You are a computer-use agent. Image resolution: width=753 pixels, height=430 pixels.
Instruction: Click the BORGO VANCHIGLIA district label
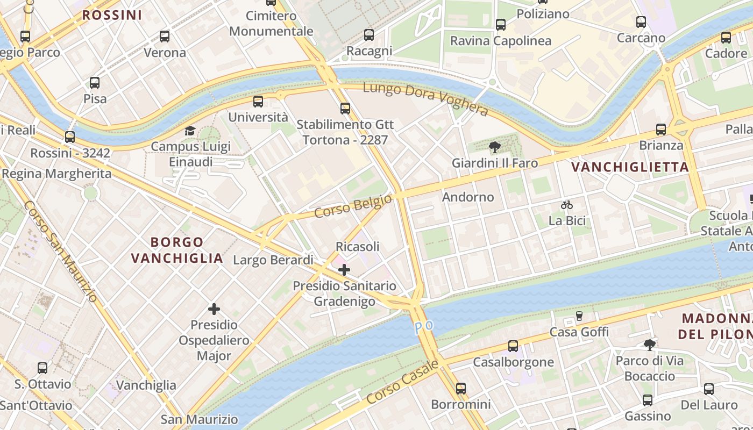pyautogui.click(x=177, y=250)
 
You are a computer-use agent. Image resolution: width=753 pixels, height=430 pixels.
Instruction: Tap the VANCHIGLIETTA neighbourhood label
pyautogui.click(x=630, y=167)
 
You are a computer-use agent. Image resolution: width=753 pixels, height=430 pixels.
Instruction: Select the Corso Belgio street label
pyautogui.click(x=353, y=206)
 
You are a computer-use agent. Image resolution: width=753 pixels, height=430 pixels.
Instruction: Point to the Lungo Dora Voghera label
pyautogui.click(x=425, y=98)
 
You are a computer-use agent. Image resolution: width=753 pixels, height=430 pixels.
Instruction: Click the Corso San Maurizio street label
pyautogui.click(x=61, y=251)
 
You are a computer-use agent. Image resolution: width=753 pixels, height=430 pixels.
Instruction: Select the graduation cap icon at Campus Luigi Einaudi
pyautogui.click(x=190, y=131)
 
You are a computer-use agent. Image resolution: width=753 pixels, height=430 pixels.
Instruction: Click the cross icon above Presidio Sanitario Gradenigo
pyautogui.click(x=344, y=269)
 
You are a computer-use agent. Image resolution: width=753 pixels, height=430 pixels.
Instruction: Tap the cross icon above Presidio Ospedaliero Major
pyautogui.click(x=214, y=309)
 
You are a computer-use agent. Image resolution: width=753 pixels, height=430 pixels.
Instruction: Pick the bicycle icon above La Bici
pyautogui.click(x=566, y=205)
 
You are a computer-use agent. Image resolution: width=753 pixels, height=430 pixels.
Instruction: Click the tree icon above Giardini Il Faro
pyautogui.click(x=494, y=147)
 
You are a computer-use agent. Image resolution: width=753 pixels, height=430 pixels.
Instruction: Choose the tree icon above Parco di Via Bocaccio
pyautogui.click(x=650, y=345)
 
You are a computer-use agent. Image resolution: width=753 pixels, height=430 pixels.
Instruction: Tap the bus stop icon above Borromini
pyautogui.click(x=461, y=388)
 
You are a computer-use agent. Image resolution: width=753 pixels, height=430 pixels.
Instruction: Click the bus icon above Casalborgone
pyautogui.click(x=513, y=346)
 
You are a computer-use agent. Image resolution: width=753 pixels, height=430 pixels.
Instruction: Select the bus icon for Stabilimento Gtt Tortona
pyautogui.click(x=345, y=109)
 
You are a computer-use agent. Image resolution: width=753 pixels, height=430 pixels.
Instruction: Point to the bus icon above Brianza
pyautogui.click(x=661, y=130)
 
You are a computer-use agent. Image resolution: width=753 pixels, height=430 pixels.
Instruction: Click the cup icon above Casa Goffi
pyautogui.click(x=579, y=316)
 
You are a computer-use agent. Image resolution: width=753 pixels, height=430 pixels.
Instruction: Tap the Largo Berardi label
pyautogui.click(x=273, y=260)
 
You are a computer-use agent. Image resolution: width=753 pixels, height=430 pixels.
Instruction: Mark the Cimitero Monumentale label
pyautogui.click(x=271, y=24)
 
